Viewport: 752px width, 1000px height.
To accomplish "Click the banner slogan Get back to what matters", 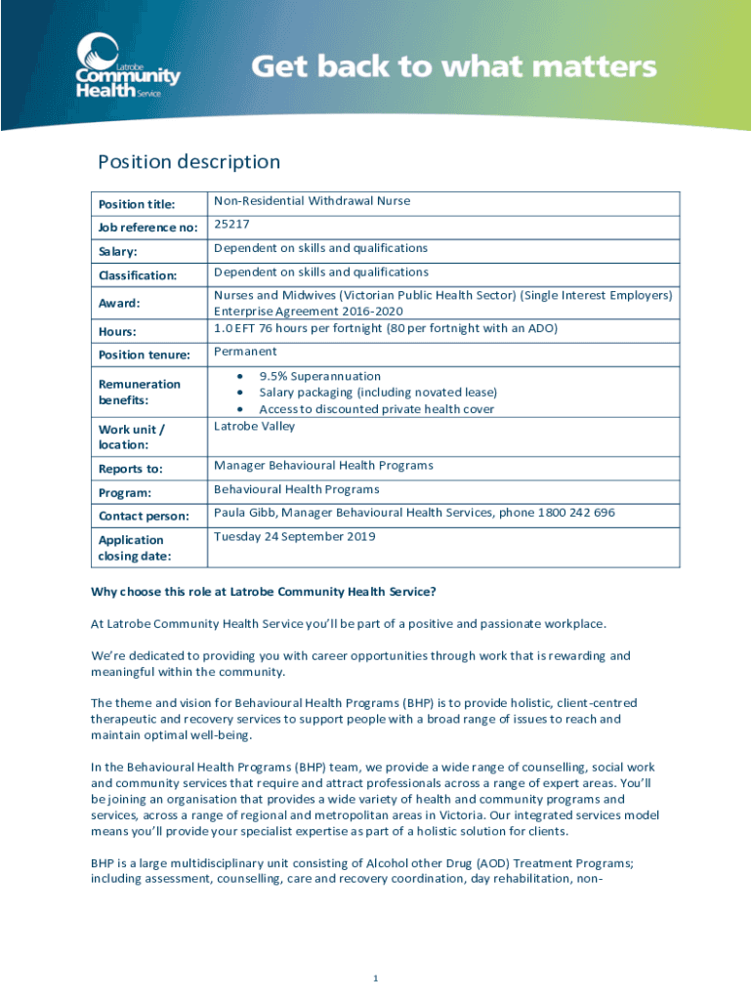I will click(x=454, y=67).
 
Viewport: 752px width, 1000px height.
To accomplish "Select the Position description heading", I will click(x=188, y=162).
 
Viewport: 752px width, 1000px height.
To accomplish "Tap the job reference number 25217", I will click(x=232, y=226).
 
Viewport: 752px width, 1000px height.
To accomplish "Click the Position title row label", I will click(x=136, y=204).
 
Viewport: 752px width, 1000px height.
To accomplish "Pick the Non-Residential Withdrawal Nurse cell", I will click(x=312, y=201).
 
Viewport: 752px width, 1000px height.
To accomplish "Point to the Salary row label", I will click(x=118, y=252).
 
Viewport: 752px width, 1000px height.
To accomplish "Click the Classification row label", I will click(x=137, y=275).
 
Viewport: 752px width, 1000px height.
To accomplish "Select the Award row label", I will click(x=118, y=303).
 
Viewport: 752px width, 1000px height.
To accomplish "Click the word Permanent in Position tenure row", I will click(x=245, y=352).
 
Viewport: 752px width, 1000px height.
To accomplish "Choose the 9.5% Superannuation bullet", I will click(x=319, y=376).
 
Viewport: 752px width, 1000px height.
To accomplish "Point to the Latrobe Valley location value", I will click(x=254, y=427).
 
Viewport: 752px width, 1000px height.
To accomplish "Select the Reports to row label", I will click(x=130, y=469).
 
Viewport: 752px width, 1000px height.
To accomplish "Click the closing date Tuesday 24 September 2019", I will click(x=294, y=536).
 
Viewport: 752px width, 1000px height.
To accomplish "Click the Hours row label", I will click(x=117, y=331).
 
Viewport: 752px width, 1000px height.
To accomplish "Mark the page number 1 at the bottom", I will click(x=375, y=979).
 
